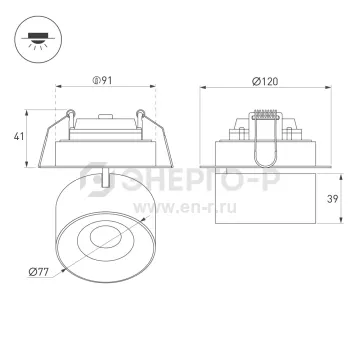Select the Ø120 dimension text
pos(265,81)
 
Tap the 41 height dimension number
pos(19,136)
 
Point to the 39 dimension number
pos(332,199)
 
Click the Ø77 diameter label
pos(38,272)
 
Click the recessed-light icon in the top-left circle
pos(38,40)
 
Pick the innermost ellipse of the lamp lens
pos(105,237)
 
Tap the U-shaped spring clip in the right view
pos(266,140)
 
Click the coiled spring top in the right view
pos(266,114)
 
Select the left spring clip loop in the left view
pos(70,114)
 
